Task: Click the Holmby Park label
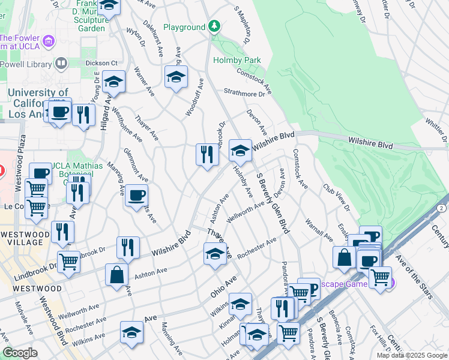point(237,60)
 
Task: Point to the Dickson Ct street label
point(101,63)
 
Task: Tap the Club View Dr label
point(337,197)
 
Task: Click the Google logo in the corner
point(20,353)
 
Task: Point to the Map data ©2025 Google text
point(412,355)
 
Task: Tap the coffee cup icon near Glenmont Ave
point(136,195)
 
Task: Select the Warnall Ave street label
point(319,227)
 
